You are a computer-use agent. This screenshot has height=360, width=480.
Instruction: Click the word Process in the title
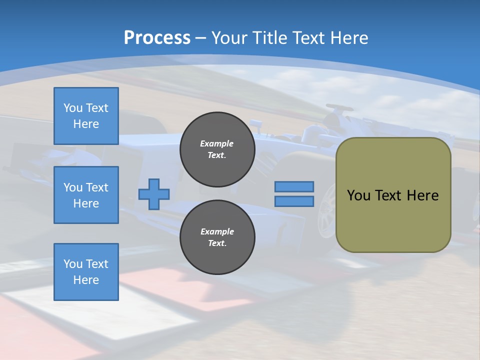pos(157,38)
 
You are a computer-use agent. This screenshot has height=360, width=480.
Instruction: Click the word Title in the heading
pos(268,38)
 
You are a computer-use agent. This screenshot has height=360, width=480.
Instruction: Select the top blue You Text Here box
pos(86,116)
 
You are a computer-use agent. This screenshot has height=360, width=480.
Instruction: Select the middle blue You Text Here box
pos(86,195)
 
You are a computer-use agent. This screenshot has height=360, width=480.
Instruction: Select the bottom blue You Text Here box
pos(86,272)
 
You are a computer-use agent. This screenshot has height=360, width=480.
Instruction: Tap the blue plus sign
pos(154,194)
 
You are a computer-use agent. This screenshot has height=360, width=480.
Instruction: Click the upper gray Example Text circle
pos(217,149)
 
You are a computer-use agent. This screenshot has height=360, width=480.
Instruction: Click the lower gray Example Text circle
pos(217,237)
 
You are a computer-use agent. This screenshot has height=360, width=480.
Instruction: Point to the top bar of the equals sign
pos(294,186)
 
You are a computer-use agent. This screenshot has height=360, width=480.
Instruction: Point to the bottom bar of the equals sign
pos(294,201)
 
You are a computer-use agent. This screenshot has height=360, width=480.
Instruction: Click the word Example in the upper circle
pos(216,143)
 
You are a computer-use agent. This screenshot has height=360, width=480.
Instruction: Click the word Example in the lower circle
pos(217,231)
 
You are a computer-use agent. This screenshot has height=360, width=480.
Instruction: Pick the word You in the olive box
pos(358,195)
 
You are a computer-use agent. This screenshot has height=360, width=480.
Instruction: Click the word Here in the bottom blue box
pos(86,280)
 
